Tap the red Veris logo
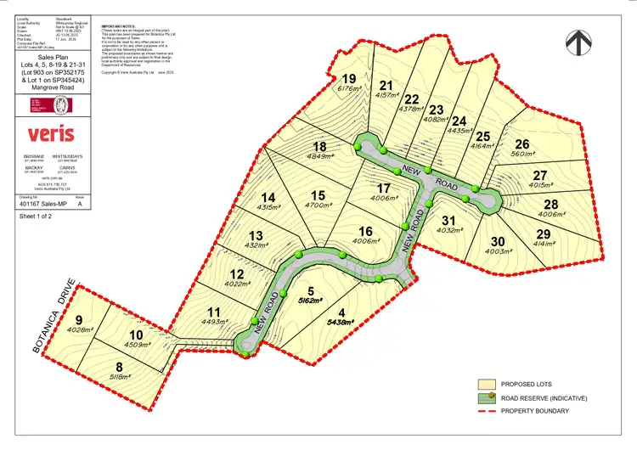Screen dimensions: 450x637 50,134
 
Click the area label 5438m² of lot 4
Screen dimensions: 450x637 340,323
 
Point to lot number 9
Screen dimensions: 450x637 78,319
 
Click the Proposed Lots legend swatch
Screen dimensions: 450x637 487,383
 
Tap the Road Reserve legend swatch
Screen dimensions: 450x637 487,397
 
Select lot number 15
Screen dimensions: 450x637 318,195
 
